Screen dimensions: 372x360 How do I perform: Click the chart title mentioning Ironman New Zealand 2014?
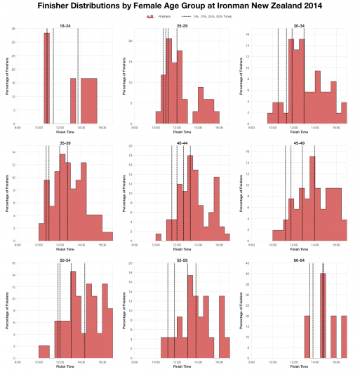click(180, 6)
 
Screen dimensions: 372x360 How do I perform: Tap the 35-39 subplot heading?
click(65, 142)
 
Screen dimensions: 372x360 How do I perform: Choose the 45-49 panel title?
click(299, 142)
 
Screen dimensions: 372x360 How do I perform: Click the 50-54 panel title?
click(65, 260)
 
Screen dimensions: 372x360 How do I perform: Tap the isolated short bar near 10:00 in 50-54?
click(44, 352)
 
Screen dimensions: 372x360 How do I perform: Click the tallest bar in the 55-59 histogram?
click(189, 316)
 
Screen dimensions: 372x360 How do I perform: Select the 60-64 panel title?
click(299, 260)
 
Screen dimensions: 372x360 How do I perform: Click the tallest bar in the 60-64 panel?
click(323, 316)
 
